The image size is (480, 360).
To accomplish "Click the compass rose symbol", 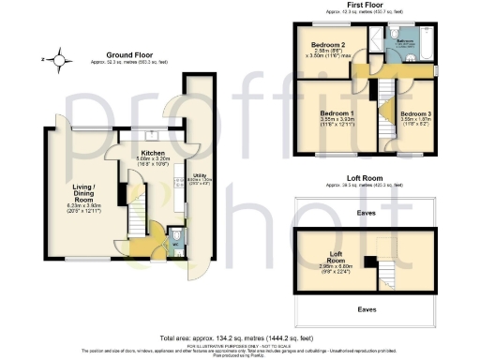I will tap(61, 62).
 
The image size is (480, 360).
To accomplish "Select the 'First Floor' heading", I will tap(367, 5).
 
